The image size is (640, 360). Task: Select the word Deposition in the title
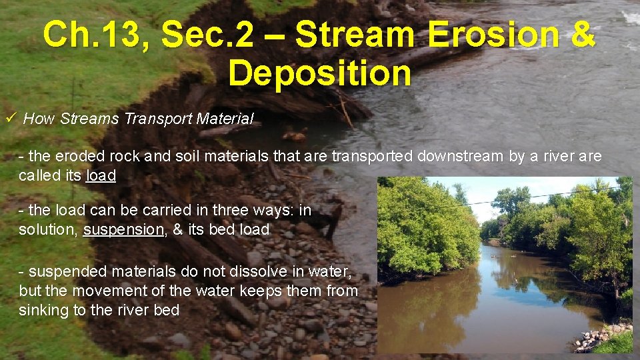coord(319,73)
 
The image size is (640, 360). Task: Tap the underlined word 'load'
coord(101,176)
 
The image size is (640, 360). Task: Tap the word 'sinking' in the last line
coord(43,310)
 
